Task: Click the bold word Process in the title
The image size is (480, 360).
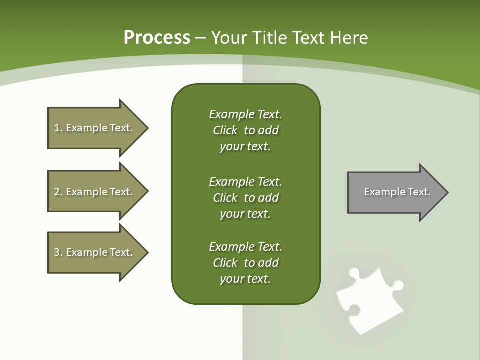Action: click(157, 38)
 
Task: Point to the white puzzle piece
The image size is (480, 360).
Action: click(370, 300)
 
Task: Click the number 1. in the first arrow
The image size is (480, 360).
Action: click(58, 128)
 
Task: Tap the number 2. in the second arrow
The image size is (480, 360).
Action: click(58, 192)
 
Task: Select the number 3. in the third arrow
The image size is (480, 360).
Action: click(58, 252)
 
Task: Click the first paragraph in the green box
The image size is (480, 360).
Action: click(245, 130)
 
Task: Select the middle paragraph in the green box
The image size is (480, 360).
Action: click(245, 197)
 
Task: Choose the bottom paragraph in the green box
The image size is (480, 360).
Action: click(245, 263)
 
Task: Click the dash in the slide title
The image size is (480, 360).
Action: click(201, 38)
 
